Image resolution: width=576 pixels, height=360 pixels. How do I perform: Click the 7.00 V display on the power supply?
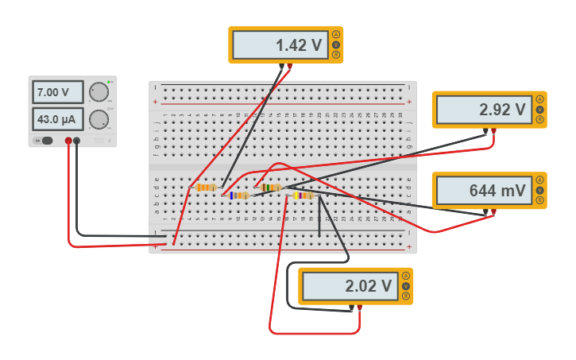click(57, 92)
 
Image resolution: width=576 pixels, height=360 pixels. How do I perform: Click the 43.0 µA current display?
click(57, 120)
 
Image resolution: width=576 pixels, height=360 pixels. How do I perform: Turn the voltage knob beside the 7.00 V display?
click(99, 92)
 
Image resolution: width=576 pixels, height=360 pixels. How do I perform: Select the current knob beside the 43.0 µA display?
click(99, 120)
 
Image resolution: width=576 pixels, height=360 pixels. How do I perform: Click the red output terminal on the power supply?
click(68, 141)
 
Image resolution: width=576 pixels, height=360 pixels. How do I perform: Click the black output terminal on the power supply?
click(77, 141)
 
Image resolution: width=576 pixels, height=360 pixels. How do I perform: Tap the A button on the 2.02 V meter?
click(406, 276)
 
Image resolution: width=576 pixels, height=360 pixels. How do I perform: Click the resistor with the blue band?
click(238, 195)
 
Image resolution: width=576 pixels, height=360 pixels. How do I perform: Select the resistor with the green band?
click(271, 188)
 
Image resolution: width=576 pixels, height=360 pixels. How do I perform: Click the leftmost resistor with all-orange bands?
click(206, 188)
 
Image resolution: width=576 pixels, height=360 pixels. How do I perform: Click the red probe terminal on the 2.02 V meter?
click(360, 308)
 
